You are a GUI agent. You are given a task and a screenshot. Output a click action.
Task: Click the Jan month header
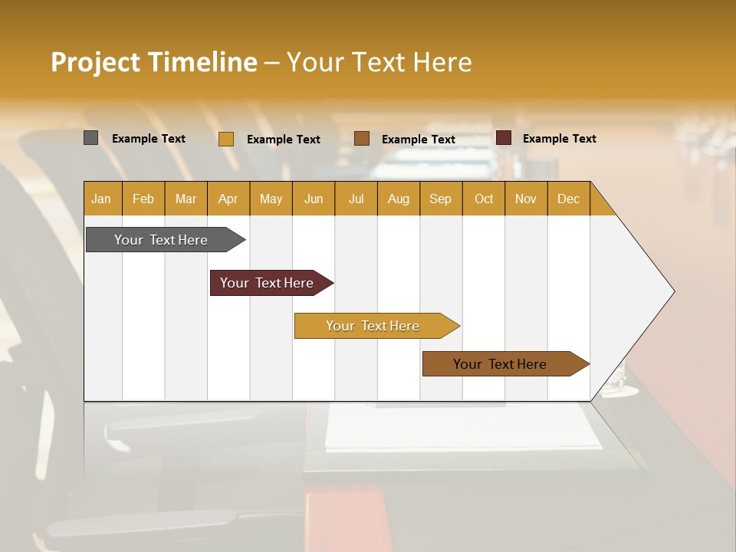[x=102, y=199]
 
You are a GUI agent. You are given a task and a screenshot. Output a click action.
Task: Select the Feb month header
[x=143, y=199]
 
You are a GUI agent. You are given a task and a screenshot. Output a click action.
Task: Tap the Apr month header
[x=228, y=199]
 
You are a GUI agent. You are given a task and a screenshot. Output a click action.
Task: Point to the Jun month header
[x=314, y=199]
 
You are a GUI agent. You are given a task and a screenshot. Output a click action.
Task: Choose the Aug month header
[x=398, y=199]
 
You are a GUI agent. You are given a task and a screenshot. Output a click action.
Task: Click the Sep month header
[x=440, y=199]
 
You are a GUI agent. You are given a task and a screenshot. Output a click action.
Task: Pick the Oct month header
[x=484, y=199]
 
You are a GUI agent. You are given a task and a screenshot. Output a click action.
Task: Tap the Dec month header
[x=568, y=199]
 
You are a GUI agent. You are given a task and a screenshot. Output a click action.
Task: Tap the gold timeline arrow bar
[x=373, y=326]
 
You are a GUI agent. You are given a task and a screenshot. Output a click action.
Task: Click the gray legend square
[x=90, y=138]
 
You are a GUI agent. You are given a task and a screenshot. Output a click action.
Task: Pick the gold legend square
[x=226, y=139]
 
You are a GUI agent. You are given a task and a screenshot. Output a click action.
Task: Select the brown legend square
[x=362, y=138]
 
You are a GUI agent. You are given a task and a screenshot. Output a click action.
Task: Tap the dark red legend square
[x=504, y=138]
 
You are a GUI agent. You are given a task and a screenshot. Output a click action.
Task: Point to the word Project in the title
[x=96, y=62]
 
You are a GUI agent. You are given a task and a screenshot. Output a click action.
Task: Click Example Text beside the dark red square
[x=559, y=139]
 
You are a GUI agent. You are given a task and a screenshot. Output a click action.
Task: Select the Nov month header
[x=526, y=199]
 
